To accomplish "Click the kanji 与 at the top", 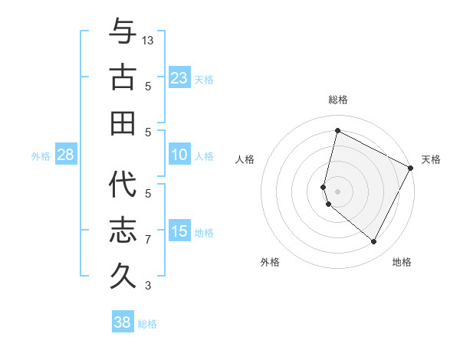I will [x=123, y=32].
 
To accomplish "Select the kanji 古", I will [x=123, y=78].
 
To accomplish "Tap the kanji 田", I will [x=123, y=123].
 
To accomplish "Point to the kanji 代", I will [x=123, y=185].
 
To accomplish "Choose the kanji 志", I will [x=123, y=231].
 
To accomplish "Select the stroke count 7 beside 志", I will [x=148, y=240].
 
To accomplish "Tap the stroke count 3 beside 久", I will [x=148, y=286].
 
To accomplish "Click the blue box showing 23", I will [x=179, y=78].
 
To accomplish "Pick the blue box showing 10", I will [x=179, y=155].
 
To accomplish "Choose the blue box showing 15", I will [x=179, y=231].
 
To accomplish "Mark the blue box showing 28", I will [x=65, y=155].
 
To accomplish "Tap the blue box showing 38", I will [x=122, y=322].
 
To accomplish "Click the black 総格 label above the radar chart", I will [x=337, y=100].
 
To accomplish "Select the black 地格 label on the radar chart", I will [x=402, y=262].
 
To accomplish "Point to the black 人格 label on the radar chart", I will [x=245, y=159].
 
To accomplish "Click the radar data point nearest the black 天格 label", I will [x=411, y=169].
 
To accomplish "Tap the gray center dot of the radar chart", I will [x=337, y=190].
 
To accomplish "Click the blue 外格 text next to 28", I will [x=41, y=155].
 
